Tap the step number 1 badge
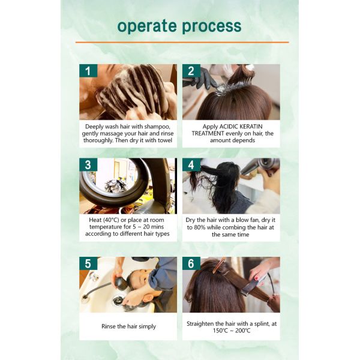tap(88, 71)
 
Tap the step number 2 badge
tap(191, 71)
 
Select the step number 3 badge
tap(88, 166)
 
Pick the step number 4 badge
tap(191, 166)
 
